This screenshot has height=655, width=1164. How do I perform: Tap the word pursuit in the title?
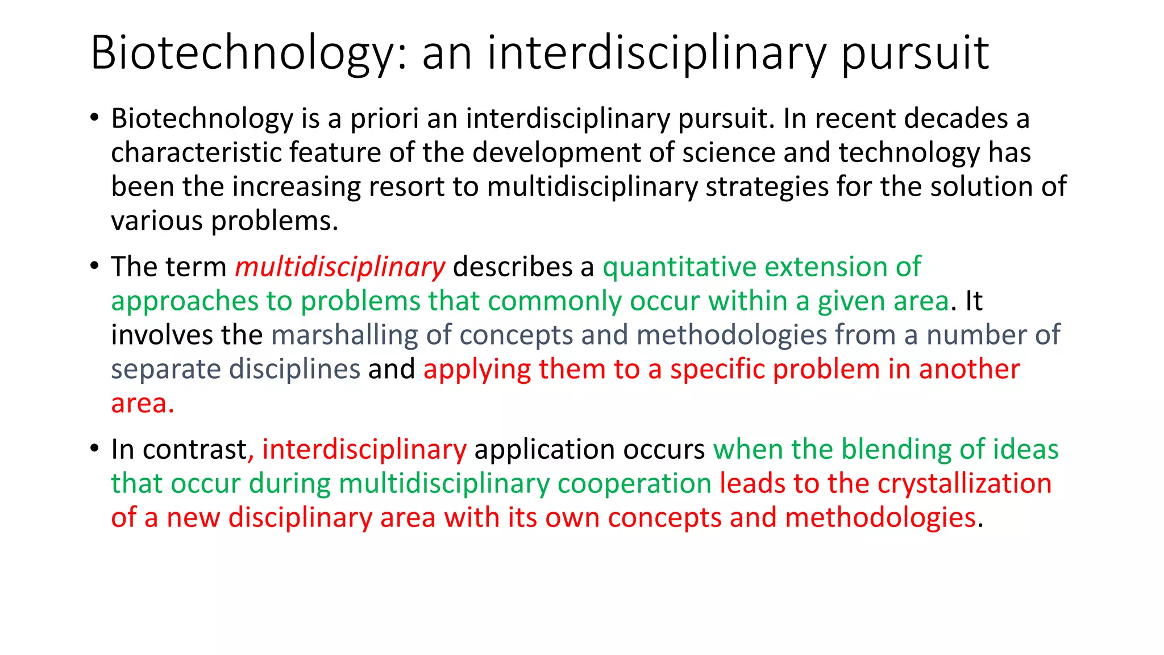915,53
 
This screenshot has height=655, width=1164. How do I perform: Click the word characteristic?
196,153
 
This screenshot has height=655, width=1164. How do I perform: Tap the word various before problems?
157,221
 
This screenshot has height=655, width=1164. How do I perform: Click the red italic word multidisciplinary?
340,267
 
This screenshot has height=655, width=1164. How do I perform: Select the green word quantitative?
679,267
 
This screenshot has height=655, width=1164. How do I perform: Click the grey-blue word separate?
165,370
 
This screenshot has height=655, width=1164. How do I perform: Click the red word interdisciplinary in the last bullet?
364,450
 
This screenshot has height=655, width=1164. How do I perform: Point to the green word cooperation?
634,484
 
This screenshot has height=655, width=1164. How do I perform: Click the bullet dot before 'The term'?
94,266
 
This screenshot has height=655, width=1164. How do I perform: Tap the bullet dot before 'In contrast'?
94,449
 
